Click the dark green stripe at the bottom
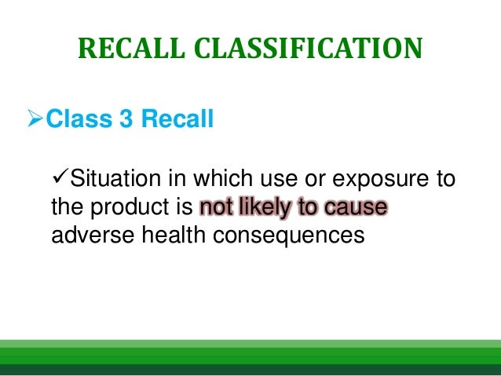coord(251,370)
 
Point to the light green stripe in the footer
coord(251,343)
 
